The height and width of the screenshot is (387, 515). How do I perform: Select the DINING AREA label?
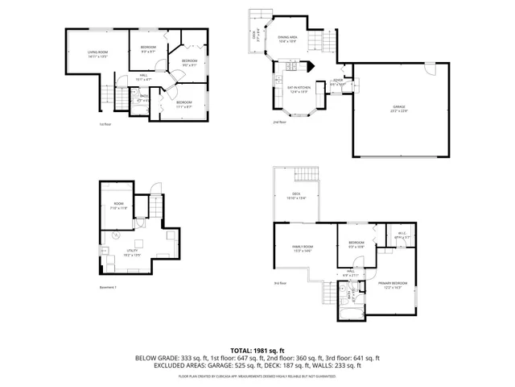[288, 38]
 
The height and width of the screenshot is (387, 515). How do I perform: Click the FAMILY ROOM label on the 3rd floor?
[303, 248]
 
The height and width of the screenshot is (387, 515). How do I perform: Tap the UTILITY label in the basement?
[132, 252]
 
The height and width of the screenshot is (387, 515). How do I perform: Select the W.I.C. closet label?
[403, 235]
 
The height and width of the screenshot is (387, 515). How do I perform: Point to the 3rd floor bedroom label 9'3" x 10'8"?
[356, 244]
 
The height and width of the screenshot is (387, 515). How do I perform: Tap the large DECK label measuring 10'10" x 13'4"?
[295, 197]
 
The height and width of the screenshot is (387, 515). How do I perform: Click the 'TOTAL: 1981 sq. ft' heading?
[257, 351]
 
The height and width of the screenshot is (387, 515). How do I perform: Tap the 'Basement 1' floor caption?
[109, 287]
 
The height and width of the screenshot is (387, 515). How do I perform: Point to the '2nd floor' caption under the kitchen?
[278, 122]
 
